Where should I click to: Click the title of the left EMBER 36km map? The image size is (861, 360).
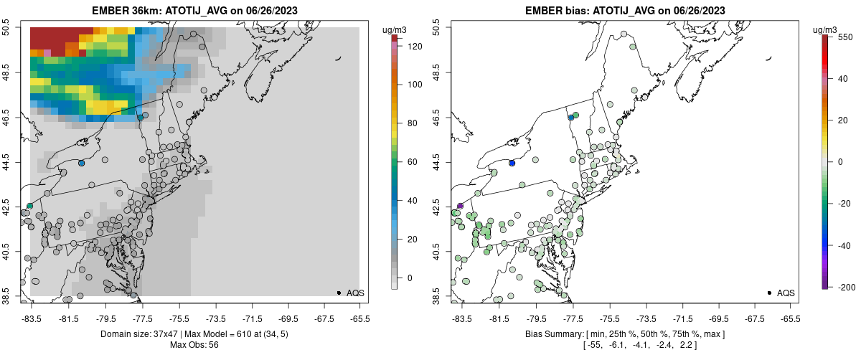click(194, 11)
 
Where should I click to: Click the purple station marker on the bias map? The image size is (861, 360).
click(461, 206)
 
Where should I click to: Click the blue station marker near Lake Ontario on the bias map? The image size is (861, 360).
click(512, 164)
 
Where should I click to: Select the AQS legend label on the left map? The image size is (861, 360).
click(355, 293)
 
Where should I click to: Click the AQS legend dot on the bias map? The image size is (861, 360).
click(769, 293)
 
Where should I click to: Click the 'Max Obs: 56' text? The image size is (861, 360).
click(194, 345)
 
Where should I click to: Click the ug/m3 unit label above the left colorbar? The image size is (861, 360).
click(395, 30)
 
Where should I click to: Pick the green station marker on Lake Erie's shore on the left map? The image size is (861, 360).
click(30, 206)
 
